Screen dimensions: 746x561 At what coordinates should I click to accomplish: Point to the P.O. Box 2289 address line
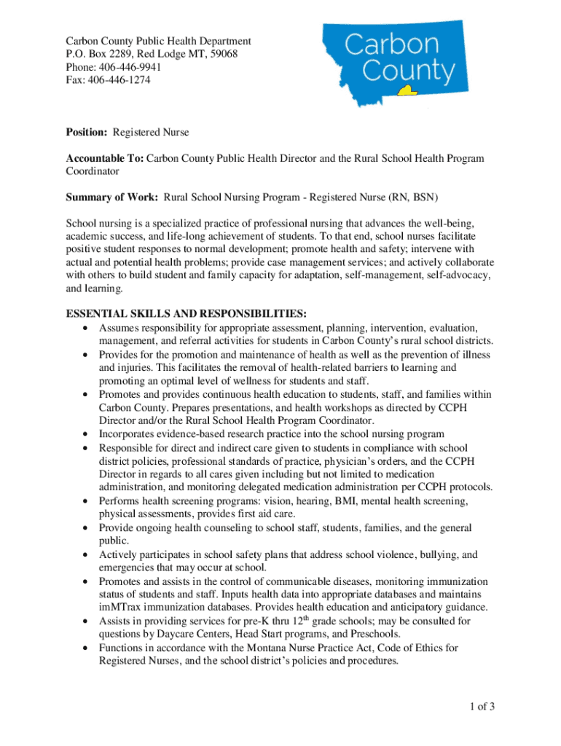point(152,54)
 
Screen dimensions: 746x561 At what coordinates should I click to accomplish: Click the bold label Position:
point(87,132)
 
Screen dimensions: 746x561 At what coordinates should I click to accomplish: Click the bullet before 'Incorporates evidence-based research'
point(87,435)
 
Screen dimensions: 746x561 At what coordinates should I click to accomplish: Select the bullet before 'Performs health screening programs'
point(87,501)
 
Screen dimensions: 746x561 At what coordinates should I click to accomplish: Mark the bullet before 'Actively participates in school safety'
point(87,555)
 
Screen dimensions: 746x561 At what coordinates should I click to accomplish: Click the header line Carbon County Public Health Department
point(158,41)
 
